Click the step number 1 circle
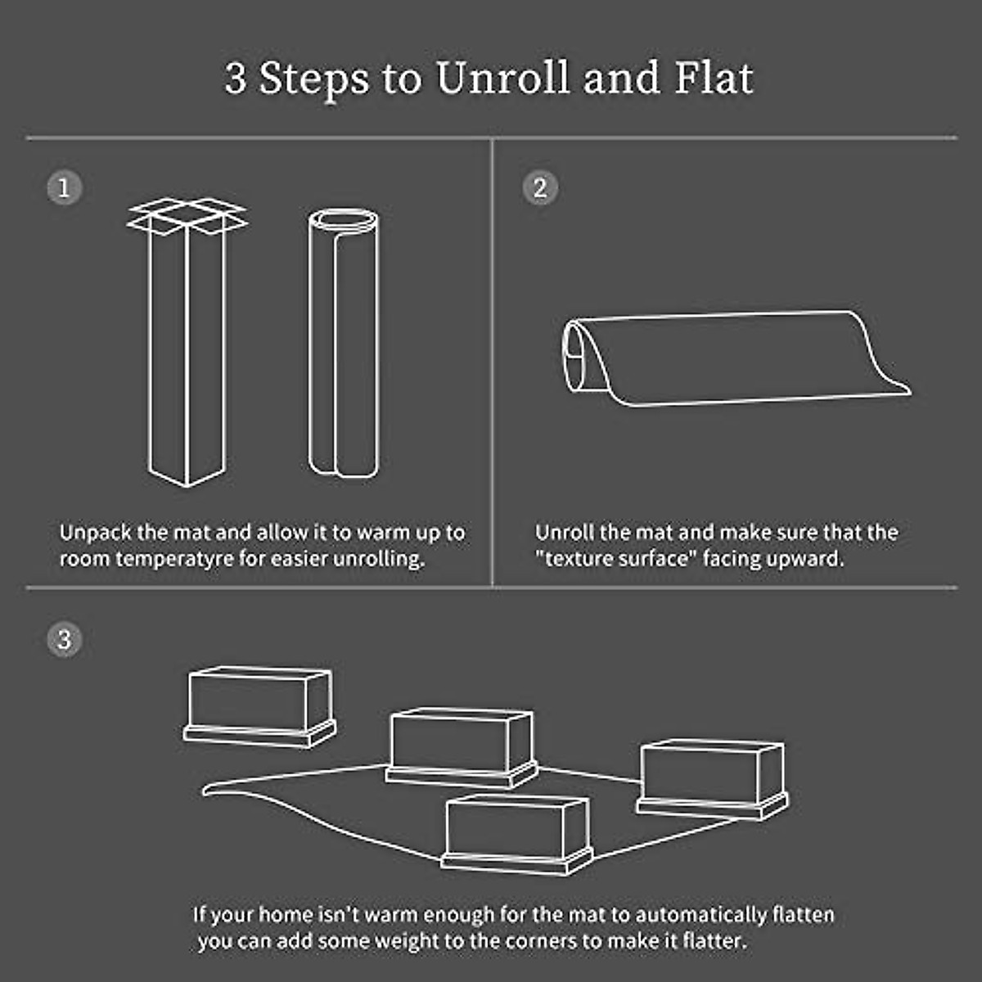pos(64,188)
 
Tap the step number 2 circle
pos(540,188)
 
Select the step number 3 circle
pos(64,639)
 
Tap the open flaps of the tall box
pos(187,214)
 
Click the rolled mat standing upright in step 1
pos(344,344)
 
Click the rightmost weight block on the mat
pos(712,777)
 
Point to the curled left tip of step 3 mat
pos(209,789)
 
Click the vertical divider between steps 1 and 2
pos(492,360)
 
